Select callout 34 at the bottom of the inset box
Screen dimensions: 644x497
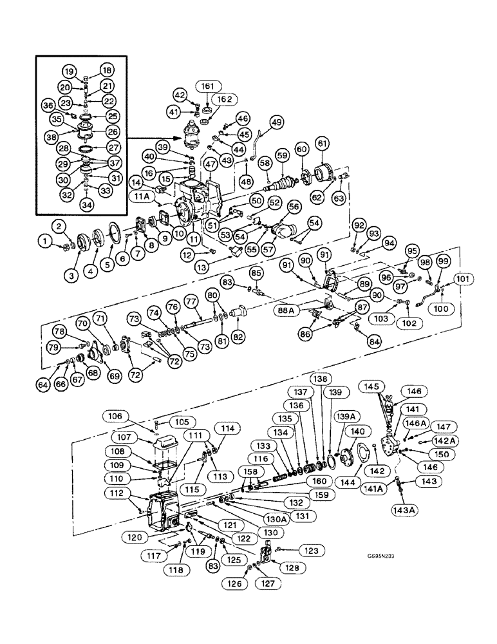86,204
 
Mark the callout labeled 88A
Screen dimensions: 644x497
290,309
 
